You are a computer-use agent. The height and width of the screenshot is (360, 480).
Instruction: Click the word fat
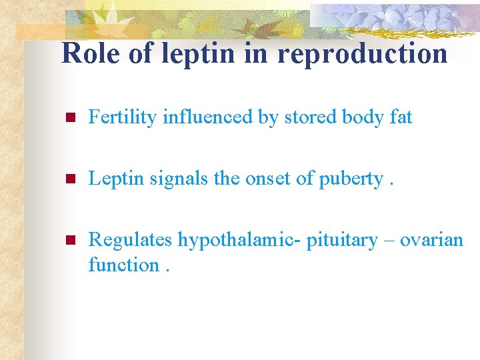pyautogui.click(x=400, y=117)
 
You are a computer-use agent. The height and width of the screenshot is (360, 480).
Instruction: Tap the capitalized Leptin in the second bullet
pyautogui.click(x=112, y=179)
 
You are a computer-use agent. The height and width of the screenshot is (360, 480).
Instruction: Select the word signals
pyautogui.click(x=169, y=179)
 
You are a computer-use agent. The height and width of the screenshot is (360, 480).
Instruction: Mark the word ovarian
pyautogui.click(x=431, y=240)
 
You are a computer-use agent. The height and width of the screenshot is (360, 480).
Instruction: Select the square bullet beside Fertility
pyautogui.click(x=67, y=119)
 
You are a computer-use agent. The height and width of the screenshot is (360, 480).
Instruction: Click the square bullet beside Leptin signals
pyautogui.click(x=67, y=179)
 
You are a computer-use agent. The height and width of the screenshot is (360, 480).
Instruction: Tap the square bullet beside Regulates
pyautogui.click(x=67, y=241)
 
